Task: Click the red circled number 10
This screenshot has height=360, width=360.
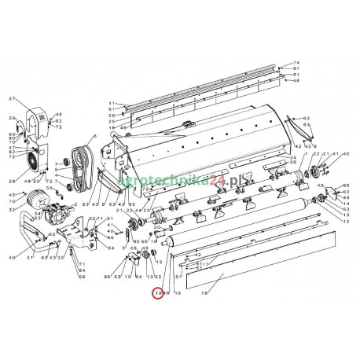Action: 136,292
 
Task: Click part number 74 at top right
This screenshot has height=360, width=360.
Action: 296,62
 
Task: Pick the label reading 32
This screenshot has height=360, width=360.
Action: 12,210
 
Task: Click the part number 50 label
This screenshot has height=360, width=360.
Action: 81,277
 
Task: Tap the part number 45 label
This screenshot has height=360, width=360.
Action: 12,194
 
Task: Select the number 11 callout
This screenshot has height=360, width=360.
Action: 112,104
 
